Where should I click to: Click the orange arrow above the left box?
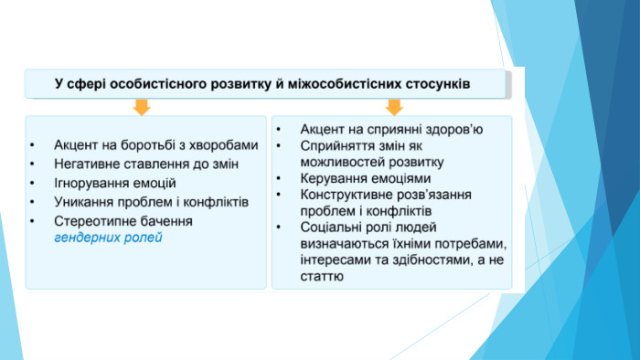[142, 107]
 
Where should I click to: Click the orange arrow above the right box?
[394, 107]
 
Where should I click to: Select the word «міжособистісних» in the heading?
[345, 84]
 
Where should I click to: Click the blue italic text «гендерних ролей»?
[108, 238]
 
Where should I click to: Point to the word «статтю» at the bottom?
[322, 276]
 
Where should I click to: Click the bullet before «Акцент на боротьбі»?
[32, 144]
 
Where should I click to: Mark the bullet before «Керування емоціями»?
[279, 178]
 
